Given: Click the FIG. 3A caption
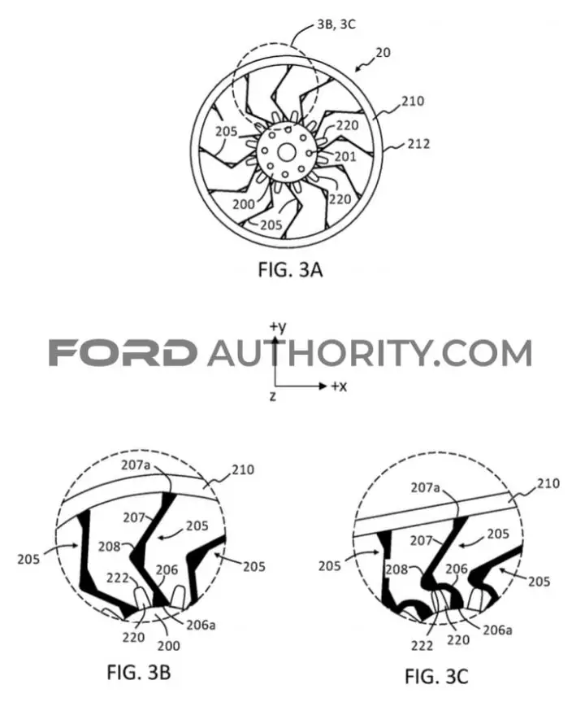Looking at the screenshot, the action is tap(290, 270).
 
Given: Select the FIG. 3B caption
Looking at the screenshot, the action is tap(139, 672).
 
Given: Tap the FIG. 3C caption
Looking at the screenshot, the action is tap(436, 677).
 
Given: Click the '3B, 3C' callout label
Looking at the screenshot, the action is tap(336, 24).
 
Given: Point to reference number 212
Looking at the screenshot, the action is tap(418, 144).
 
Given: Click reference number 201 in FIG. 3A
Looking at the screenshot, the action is tap(345, 156).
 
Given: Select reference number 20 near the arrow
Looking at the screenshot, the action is tap(383, 53).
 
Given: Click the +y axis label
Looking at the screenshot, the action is tap(278, 327).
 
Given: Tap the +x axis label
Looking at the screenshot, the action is tap(339, 386).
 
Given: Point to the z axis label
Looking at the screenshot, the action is tap(272, 396).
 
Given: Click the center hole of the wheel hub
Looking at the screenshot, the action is tap(286, 153).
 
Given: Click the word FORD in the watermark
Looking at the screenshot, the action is tap(123, 353).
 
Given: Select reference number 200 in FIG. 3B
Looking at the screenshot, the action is tap(168, 646).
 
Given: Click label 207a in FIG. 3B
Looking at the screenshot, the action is tap(135, 465).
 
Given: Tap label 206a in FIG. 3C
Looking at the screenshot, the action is tap(497, 630).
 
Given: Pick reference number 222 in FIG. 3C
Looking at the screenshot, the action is tap(422, 645).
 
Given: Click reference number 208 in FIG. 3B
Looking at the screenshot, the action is tap(110, 547).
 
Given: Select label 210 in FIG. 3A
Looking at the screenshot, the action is tap(413, 101).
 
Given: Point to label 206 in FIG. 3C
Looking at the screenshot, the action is tap(457, 569).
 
